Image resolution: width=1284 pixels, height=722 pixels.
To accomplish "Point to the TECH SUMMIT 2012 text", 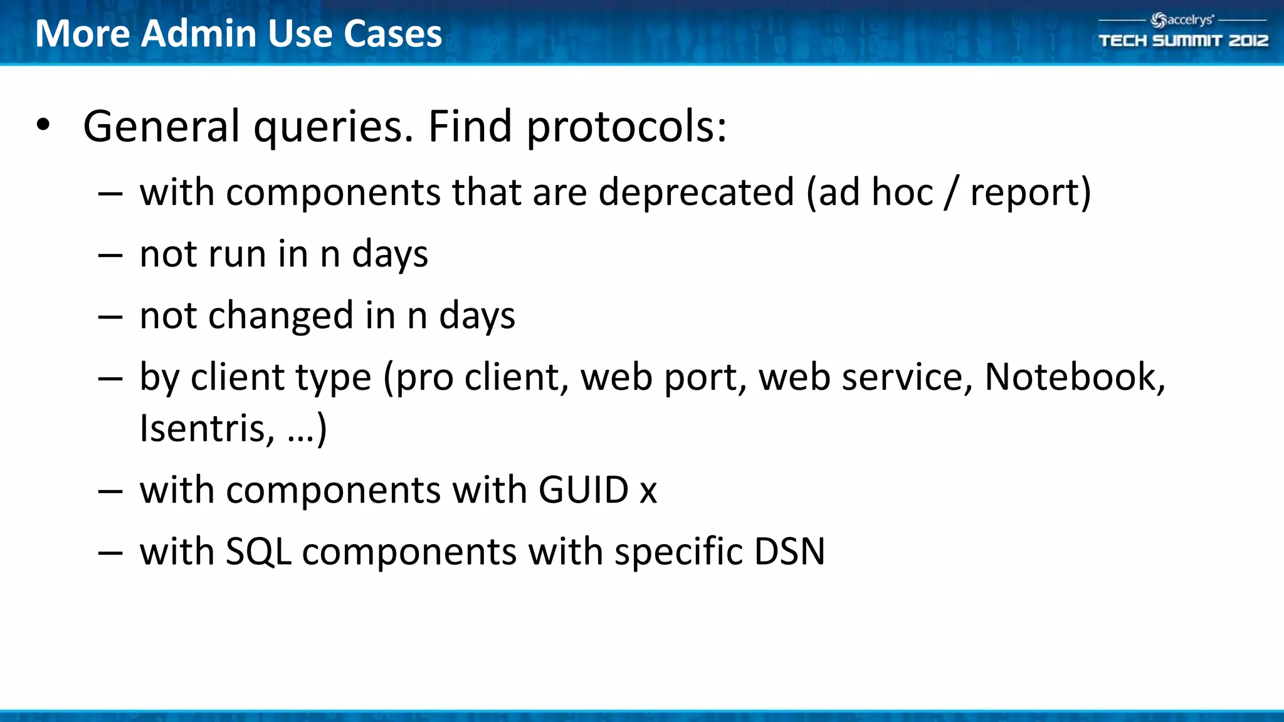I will coord(1183,41).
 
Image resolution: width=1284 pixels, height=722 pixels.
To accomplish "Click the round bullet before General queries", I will coord(43,125).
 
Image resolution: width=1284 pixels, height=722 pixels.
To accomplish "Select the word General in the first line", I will coord(161,126).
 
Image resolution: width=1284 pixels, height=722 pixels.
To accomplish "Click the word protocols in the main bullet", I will coord(626,127).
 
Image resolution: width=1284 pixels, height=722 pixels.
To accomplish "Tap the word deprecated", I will coord(696,192).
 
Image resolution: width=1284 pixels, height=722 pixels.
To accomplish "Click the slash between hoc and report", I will coord(951,192).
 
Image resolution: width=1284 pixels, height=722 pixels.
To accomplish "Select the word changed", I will coord(281,315).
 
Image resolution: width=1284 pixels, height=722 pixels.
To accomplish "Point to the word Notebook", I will coord(1074,377).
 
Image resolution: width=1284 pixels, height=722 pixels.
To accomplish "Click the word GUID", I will coord(583,489).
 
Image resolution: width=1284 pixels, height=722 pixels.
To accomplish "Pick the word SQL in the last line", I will coord(258,552).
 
